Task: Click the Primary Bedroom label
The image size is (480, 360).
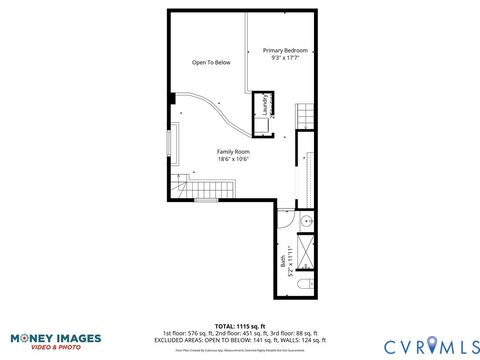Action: (284, 50)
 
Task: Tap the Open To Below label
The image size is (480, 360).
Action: (211, 63)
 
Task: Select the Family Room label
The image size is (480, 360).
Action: (233, 151)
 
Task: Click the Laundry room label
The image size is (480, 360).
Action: (264, 105)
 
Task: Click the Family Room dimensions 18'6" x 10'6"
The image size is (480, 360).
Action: (233, 159)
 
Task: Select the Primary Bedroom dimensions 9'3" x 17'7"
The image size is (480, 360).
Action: (284, 58)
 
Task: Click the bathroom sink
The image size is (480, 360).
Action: (307, 221)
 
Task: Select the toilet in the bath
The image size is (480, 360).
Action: (306, 287)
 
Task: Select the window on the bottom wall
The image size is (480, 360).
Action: (207, 200)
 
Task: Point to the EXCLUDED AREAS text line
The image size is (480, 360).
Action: (239, 339)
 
